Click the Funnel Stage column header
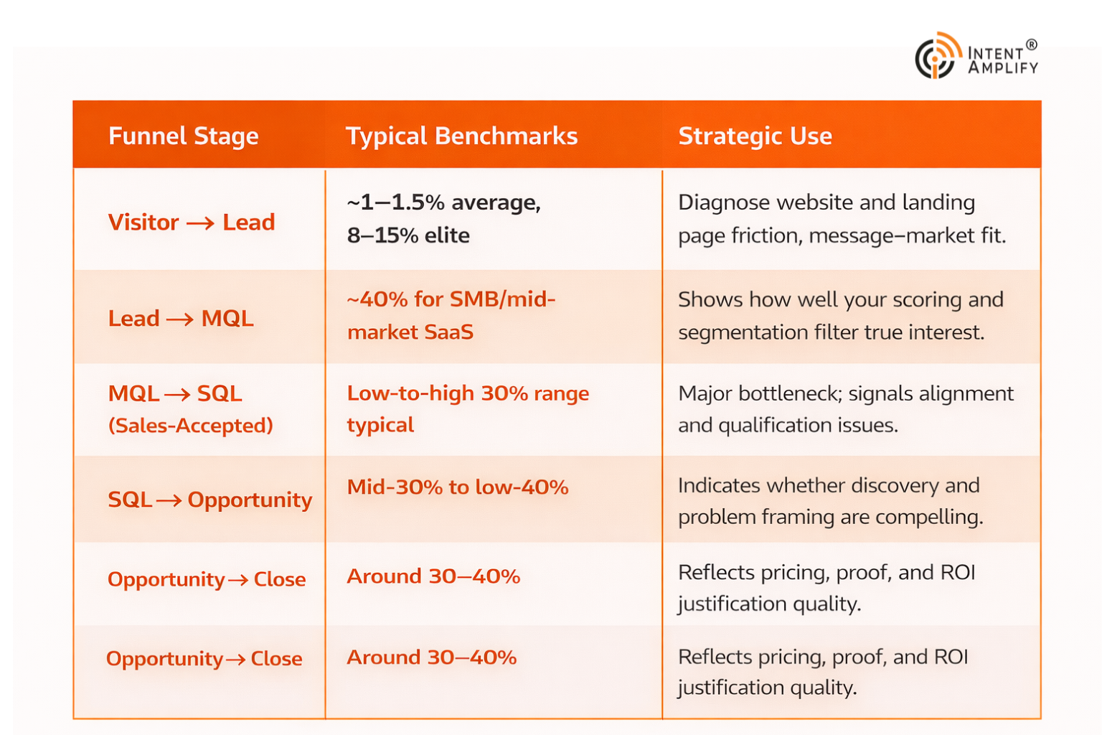pyautogui.click(x=183, y=136)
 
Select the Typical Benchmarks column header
pyautogui.click(x=461, y=136)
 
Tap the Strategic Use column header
pyautogui.click(x=755, y=136)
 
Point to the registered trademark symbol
pyautogui.click(x=1031, y=45)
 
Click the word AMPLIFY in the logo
pyautogui.click(x=1002, y=68)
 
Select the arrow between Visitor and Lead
pyautogui.click(x=200, y=223)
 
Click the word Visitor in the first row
pyautogui.click(x=143, y=223)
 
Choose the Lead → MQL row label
pyautogui.click(x=181, y=318)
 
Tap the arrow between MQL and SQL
pyautogui.click(x=178, y=394)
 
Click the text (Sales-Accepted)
pyautogui.click(x=190, y=426)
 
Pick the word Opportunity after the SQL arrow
pyautogui.click(x=250, y=500)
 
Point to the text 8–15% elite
pyautogui.click(x=408, y=235)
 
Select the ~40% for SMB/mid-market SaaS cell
pyautogui.click(x=451, y=315)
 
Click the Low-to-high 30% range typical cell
pyautogui.click(x=467, y=408)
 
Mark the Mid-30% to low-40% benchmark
pyautogui.click(x=458, y=487)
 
